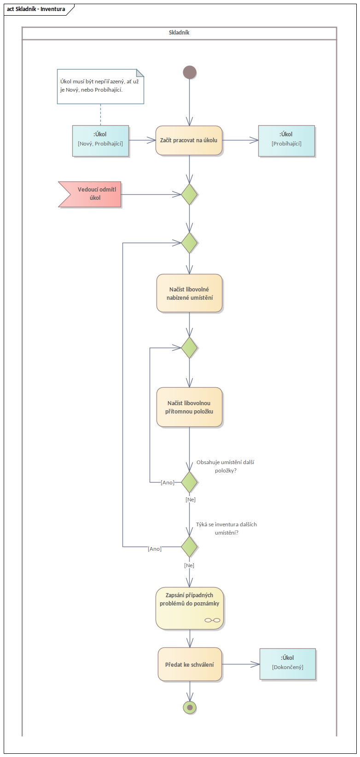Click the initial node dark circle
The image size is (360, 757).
[189, 72]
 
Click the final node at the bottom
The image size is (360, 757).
[189, 707]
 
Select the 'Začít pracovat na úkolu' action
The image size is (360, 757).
[189, 140]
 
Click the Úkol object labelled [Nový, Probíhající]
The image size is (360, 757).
[100, 140]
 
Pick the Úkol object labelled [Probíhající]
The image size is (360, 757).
[286, 140]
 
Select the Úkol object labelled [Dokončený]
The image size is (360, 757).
[288, 664]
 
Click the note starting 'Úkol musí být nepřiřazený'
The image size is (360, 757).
[100, 86]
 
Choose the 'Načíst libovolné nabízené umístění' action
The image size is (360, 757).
[189, 293]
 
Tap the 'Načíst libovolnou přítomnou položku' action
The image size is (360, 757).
[189, 407]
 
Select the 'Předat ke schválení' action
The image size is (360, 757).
[189, 664]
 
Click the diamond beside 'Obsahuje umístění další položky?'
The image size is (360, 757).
[189, 482]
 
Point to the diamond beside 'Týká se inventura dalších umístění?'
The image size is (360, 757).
[189, 547]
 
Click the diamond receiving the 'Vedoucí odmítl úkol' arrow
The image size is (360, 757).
[189, 194]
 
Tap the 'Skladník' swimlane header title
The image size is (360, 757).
[179, 33]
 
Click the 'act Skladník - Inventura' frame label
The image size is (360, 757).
[36, 9]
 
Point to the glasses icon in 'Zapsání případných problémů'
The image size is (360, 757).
[212, 620]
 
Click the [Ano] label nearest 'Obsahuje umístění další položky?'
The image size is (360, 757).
[168, 483]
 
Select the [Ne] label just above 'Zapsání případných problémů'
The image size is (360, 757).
[189, 565]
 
